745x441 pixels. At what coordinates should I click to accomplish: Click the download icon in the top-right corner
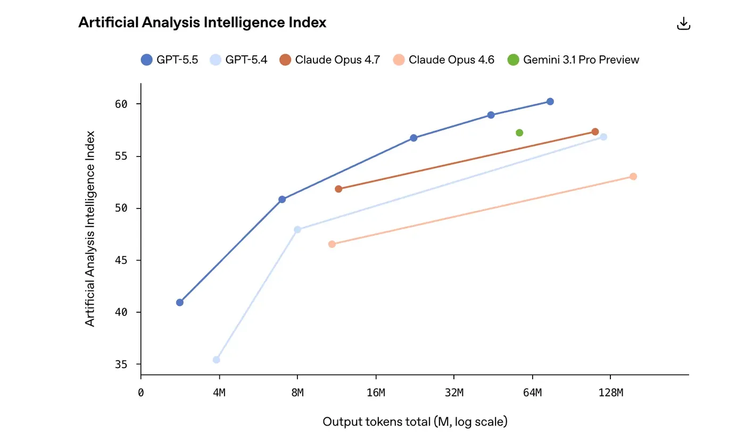coord(683,23)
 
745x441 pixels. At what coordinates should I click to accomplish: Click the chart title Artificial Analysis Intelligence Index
coord(202,22)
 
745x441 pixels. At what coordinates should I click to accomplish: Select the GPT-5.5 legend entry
coord(170,60)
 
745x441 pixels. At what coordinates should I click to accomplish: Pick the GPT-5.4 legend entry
coord(239,60)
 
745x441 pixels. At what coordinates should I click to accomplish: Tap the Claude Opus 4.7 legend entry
coord(330,60)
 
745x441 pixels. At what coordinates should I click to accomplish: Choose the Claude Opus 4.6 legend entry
coord(444,60)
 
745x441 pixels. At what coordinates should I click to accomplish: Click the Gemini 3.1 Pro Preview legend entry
coord(574,60)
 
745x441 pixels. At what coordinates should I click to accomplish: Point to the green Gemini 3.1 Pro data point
coord(519,132)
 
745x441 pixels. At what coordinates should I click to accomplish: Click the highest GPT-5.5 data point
coord(550,102)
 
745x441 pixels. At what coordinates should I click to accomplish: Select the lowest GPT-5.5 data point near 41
coord(180,302)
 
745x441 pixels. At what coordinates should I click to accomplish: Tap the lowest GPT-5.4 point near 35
coord(217,360)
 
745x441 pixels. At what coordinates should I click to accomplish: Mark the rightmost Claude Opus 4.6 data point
coord(633,177)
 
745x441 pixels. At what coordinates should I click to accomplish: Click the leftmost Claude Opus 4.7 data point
coord(338,189)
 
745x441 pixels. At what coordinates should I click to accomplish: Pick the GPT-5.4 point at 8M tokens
coord(297,230)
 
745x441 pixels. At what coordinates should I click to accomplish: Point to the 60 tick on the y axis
coord(121,104)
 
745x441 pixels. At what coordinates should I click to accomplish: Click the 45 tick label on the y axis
coord(121,261)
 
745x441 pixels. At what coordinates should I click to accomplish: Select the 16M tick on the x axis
coord(376,393)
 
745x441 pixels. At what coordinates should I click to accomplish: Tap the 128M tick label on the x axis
coord(610,393)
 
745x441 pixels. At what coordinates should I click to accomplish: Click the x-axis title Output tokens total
coord(415,422)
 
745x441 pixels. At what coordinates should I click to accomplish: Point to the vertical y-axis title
coord(90,229)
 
